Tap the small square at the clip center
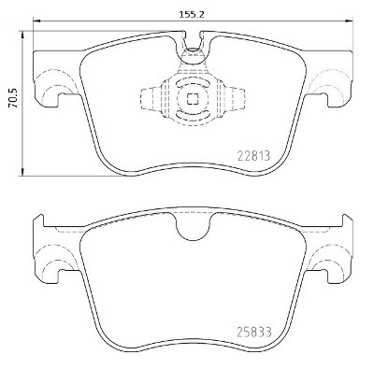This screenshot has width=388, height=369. tap(193, 100)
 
